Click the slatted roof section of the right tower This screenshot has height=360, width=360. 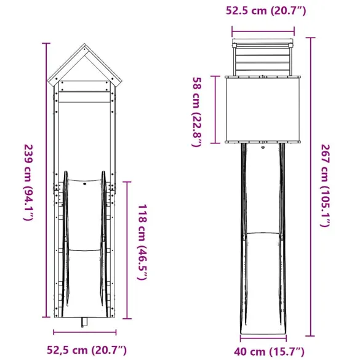click(x=263, y=58)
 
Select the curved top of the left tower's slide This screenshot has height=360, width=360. click(x=84, y=180)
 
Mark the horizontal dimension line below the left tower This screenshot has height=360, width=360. click(x=84, y=332)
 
